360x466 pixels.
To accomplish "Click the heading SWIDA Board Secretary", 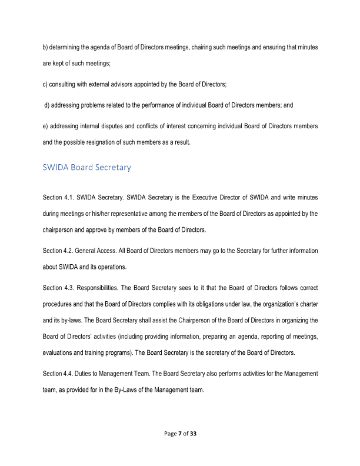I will tap(86, 168).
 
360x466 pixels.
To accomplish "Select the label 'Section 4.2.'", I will tap(58, 251).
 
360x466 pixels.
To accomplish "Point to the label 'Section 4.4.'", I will tap(58, 374).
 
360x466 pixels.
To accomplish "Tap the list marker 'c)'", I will tap(46, 85).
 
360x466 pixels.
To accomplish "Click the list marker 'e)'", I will tap(46, 127).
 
